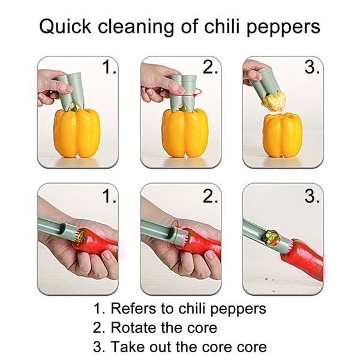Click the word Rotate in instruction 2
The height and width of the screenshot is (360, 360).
pos(131,328)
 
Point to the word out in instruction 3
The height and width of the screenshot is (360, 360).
pos(163,347)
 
